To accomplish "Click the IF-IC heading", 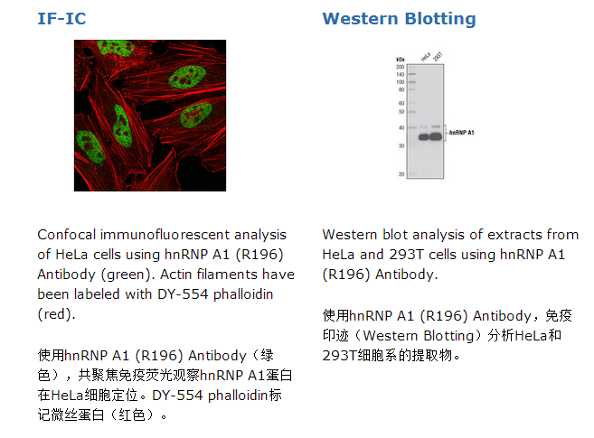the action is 61,19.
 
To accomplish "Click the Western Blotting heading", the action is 399,19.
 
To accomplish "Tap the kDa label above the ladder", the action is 400,60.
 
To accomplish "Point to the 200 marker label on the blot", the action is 400,67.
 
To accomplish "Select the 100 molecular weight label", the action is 400,82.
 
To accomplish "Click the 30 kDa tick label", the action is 401,146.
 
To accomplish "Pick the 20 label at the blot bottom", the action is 401,174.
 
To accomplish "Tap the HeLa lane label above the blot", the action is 426,56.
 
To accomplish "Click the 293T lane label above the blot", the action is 438,56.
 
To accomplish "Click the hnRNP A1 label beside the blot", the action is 461,133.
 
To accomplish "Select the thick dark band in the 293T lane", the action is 436,136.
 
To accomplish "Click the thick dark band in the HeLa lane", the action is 423,137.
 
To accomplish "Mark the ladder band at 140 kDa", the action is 412,74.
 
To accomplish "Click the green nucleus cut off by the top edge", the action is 116,47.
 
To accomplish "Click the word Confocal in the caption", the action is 66,235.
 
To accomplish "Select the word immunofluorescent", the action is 165,235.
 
